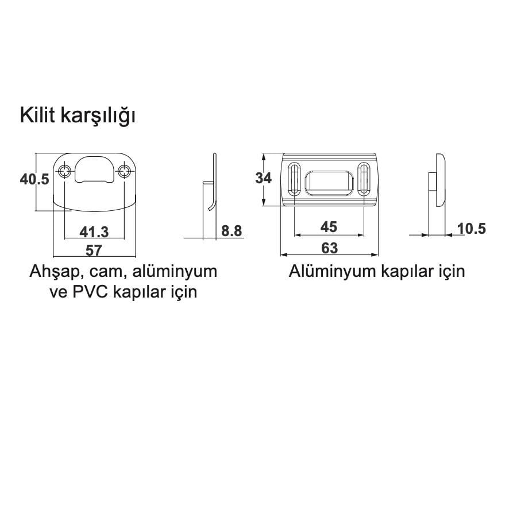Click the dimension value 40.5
pyautogui.click(x=34, y=179)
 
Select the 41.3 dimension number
pyautogui.click(x=94, y=232)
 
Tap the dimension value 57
pyautogui.click(x=94, y=250)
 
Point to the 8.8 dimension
pyautogui.click(x=232, y=231)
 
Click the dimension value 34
pyautogui.click(x=264, y=178)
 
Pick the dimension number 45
pyautogui.click(x=329, y=227)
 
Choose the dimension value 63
pyautogui.click(x=329, y=248)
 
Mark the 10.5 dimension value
pyautogui.click(x=472, y=229)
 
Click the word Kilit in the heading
pyautogui.click(x=37, y=115)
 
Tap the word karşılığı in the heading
pyautogui.click(x=98, y=117)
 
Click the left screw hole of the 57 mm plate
pyautogui.click(x=64, y=171)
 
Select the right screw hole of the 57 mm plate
pyautogui.click(x=124, y=171)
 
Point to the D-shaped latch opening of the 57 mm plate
pyautogui.click(x=94, y=169)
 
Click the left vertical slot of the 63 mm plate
pyautogui.click(x=294, y=179)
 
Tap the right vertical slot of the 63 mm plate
pyautogui.click(x=364, y=179)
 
